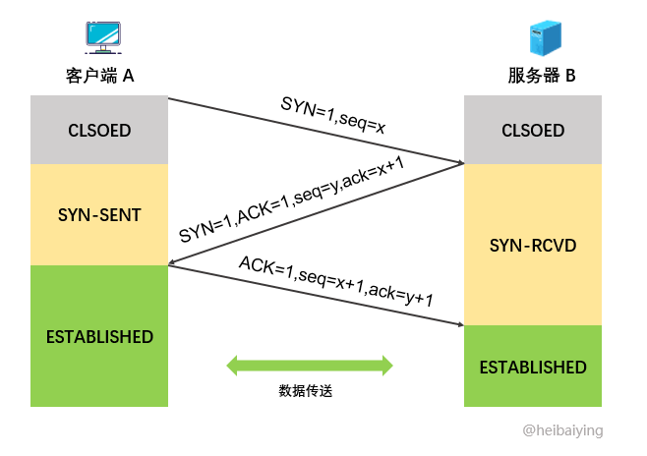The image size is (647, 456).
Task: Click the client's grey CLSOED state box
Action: (x=99, y=130)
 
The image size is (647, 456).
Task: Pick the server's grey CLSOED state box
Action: (x=533, y=130)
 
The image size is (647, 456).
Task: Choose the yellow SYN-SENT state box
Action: (x=99, y=214)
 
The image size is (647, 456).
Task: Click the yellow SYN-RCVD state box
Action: (x=533, y=244)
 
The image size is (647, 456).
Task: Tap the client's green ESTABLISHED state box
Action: (x=99, y=336)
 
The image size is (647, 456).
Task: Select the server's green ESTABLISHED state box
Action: (x=533, y=367)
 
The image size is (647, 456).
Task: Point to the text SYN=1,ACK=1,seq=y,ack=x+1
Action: (x=292, y=199)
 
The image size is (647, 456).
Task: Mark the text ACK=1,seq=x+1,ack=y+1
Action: (x=336, y=282)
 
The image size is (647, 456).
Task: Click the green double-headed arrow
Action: (x=310, y=366)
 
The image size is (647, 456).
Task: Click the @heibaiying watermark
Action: (x=562, y=430)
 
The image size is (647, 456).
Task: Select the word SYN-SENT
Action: (x=99, y=214)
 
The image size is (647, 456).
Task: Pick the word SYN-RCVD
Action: (x=533, y=244)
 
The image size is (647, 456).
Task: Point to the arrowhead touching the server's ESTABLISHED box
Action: (x=458, y=324)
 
